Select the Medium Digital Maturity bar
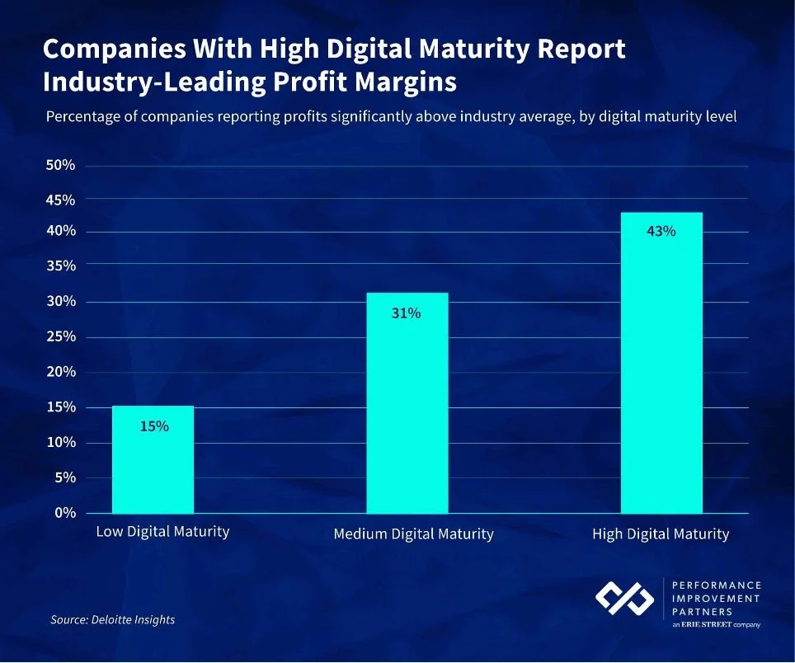coord(407,403)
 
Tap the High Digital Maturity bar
coord(661,363)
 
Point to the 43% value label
coord(661,232)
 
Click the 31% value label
coord(406,313)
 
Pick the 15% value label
coord(153,426)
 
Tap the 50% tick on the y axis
coord(60,166)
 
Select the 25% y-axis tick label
coord(60,336)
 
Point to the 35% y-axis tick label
coord(60,266)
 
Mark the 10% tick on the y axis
coord(60,443)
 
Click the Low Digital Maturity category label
coord(162,532)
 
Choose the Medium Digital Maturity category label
coord(413,534)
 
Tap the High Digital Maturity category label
coord(661,534)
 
